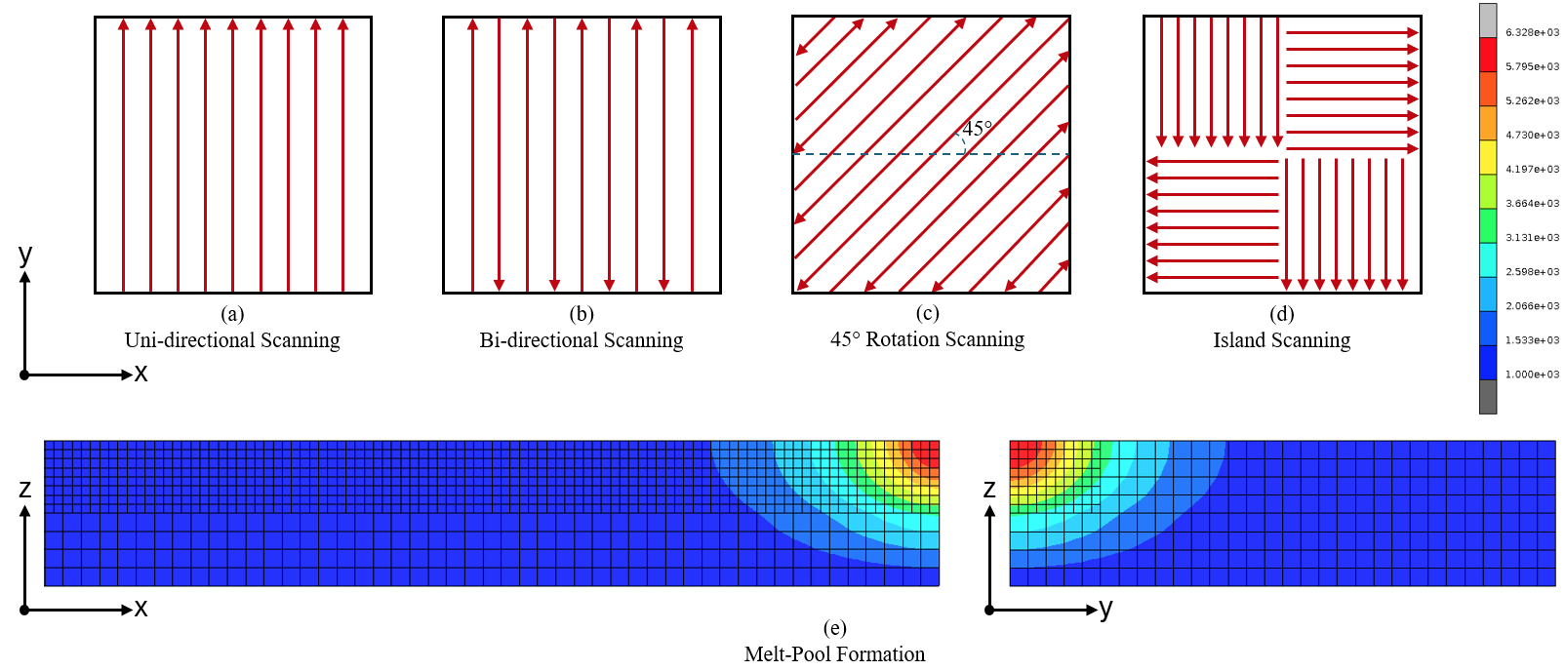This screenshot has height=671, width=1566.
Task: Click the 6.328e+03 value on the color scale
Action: (1532, 33)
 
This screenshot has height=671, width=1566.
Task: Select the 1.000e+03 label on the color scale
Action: (1532, 375)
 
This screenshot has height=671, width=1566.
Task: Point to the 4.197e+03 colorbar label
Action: (1532, 170)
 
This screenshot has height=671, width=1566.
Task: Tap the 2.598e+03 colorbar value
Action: (1532, 272)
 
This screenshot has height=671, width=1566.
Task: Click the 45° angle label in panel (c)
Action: (977, 129)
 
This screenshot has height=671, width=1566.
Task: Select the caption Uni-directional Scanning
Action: (232, 340)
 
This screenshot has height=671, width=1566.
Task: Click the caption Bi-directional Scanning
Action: (582, 340)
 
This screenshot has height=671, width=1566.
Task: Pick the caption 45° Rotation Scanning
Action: (927, 339)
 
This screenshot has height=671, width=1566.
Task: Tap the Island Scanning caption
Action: (1281, 340)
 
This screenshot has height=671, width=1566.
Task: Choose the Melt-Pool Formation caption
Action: (834, 654)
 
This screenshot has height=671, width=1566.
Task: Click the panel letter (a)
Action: (232, 314)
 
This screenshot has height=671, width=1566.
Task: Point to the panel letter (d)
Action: (1281, 314)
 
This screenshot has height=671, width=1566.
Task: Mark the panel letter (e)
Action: (834, 628)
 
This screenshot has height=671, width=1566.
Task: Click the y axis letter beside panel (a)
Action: (25, 255)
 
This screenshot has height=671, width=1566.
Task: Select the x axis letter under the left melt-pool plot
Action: (141, 609)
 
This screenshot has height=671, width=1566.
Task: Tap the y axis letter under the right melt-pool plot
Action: (1105, 609)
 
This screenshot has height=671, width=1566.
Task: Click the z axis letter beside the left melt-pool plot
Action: (25, 489)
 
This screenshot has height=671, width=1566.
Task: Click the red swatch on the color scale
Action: (1488, 55)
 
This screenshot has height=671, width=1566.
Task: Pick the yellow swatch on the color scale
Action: (1488, 157)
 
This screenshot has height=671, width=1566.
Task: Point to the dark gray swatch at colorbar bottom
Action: (1488, 397)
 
